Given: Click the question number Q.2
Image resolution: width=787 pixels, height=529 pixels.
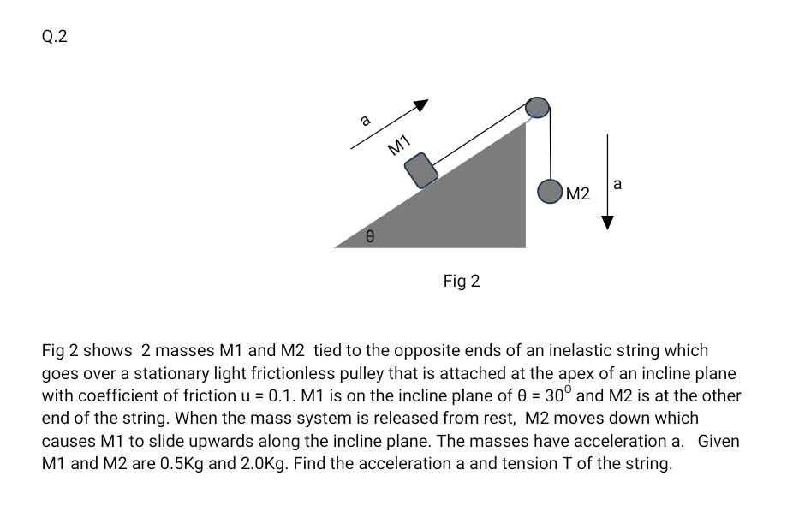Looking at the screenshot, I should pos(54,37).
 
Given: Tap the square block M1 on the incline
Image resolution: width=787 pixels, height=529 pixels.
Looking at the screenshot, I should pos(421,170).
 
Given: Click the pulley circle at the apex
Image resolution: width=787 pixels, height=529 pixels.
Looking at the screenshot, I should pos(537,107).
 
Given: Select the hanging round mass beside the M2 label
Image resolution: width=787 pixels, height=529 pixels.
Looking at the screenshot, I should pos(550,192).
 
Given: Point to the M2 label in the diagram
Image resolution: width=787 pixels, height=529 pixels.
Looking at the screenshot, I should pos(578,194).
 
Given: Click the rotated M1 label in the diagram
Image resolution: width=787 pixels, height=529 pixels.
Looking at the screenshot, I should pos(399,145).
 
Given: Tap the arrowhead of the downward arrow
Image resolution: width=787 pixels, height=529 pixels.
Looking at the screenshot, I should pos(608,223).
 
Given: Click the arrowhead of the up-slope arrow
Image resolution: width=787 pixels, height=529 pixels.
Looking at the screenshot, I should pos(420,105).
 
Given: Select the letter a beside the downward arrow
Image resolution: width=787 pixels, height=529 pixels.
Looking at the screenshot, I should pos(617,183).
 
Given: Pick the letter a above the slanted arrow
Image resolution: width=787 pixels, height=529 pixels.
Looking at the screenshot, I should pos(366,120).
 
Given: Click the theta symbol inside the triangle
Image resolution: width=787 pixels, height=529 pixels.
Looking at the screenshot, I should pos(369,235).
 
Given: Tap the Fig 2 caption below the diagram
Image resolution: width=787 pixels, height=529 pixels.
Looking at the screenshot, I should pos(462,281).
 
